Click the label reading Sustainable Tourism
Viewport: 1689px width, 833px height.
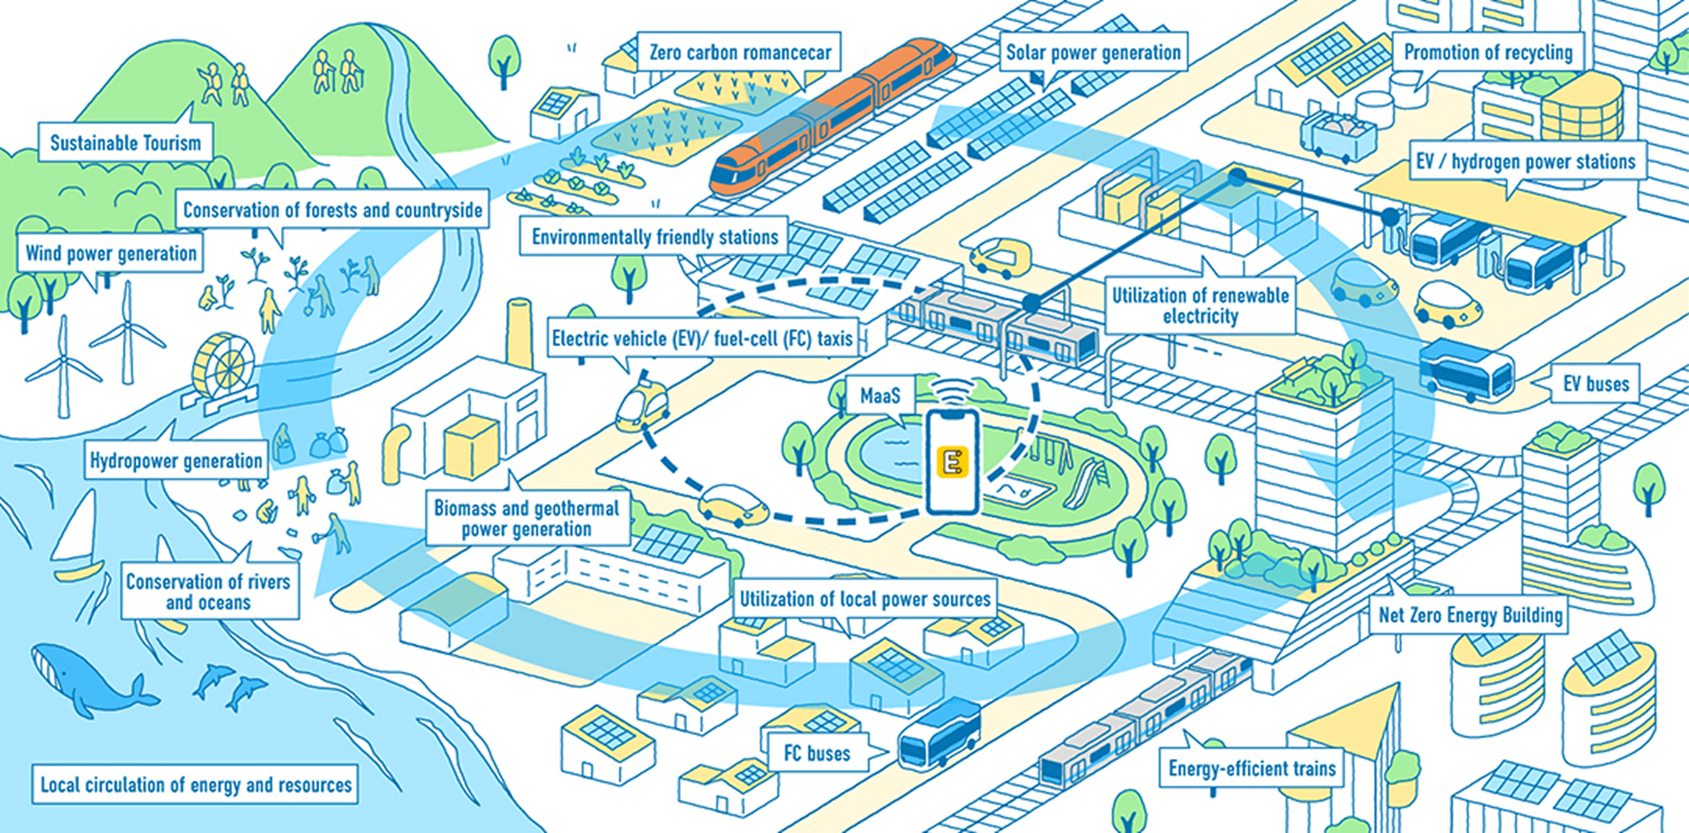(125, 143)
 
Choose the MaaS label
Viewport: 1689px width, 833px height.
(880, 395)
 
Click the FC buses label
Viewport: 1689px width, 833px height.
(816, 753)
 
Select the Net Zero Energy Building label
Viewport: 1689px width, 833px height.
(1470, 615)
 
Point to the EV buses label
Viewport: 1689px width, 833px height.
(1595, 384)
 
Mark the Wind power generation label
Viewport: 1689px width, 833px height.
(111, 254)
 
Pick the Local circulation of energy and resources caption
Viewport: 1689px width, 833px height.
(195, 785)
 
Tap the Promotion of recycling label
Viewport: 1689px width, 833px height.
(1487, 52)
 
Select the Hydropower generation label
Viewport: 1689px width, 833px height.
(176, 461)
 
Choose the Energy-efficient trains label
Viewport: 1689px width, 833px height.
(1251, 769)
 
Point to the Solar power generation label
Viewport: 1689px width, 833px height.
(1093, 52)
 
